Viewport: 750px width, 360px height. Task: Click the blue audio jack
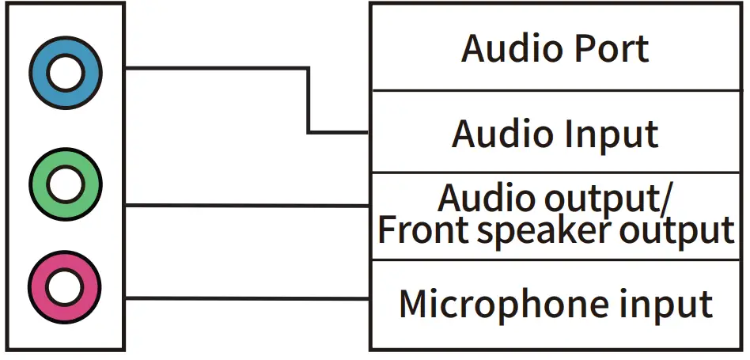coord(65,74)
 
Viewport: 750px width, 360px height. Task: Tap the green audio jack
coord(65,184)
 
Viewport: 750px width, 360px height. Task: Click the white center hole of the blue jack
coord(65,74)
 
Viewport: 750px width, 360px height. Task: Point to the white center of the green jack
coord(65,184)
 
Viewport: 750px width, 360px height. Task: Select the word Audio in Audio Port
coord(507,48)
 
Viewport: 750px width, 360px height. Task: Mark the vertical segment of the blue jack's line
coord(309,100)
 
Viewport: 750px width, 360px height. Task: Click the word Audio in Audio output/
coord(483,197)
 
